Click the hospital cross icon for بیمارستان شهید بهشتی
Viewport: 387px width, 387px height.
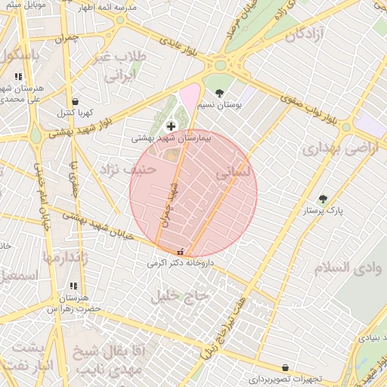170,125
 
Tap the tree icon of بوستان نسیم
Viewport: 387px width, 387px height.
220,93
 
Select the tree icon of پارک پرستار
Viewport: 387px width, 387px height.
323,199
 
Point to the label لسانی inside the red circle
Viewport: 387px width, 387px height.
232,173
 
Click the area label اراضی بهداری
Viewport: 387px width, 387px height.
339,149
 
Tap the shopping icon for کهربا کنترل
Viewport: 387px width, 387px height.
75,101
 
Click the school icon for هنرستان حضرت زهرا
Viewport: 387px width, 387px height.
73,286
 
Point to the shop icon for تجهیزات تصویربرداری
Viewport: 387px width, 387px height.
285,367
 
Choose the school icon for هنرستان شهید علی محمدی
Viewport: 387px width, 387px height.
18,76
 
